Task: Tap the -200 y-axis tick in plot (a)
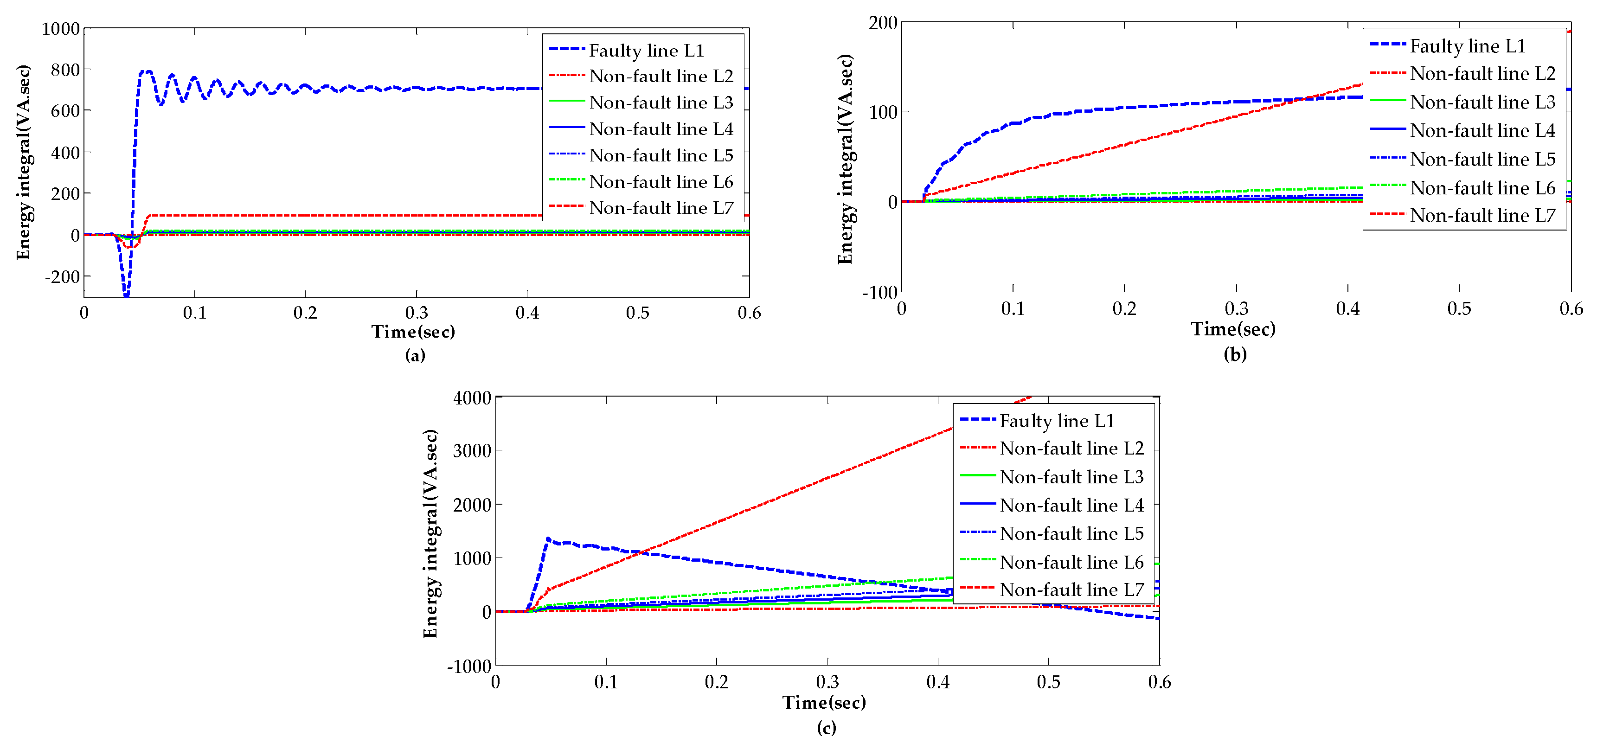[62, 276]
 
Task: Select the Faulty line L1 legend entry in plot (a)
[646, 50]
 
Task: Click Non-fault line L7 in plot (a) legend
[661, 208]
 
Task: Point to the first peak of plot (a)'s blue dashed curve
[146, 71]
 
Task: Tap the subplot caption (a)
[415, 355]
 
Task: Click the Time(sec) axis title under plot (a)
[413, 332]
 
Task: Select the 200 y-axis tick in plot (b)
[883, 23]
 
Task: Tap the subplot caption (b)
[1234, 354]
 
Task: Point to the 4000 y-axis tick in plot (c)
[472, 398]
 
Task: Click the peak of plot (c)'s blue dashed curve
[548, 538]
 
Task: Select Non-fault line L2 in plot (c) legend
[1071, 448]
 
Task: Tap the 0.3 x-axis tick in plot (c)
[827, 682]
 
